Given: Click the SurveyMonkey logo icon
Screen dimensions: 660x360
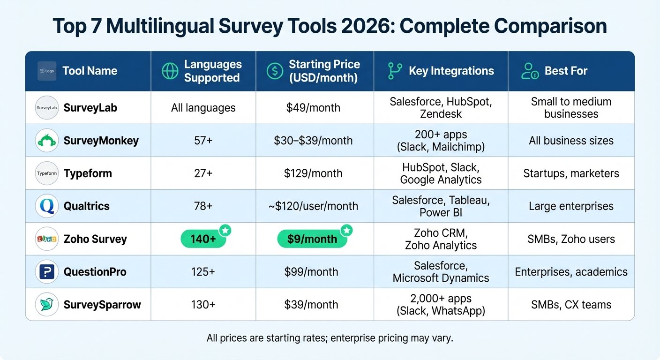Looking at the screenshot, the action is (47, 141).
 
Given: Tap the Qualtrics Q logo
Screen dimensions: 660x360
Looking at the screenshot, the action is (47, 206).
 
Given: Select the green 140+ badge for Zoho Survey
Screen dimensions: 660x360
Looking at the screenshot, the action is (203, 239).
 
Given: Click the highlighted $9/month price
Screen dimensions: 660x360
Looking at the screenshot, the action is (312, 239).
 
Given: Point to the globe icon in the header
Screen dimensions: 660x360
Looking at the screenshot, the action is (170, 71).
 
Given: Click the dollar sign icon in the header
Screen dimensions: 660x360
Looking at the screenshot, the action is (275, 71).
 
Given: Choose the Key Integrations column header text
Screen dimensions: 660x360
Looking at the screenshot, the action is (451, 71).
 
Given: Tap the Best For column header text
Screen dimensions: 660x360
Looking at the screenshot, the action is (566, 71).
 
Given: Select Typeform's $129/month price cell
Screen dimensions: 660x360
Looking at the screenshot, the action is (313, 173).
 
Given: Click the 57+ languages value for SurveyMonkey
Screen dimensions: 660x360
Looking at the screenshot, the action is (203, 141).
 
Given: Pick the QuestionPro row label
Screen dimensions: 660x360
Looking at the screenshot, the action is (95, 271).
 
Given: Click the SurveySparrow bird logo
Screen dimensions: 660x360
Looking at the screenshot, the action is (47, 304).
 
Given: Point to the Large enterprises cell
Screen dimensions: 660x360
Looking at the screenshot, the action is (571, 206).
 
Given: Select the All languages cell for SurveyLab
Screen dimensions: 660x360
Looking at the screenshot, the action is (203, 108).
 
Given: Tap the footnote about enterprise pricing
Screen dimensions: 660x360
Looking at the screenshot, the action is (330, 338).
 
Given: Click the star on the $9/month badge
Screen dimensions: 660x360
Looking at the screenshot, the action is (347, 230).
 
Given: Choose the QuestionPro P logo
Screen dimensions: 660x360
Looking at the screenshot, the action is (47, 271).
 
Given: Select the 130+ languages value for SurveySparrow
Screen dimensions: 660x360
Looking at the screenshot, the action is (203, 304).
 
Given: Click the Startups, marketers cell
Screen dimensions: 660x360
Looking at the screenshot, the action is (571, 173).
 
